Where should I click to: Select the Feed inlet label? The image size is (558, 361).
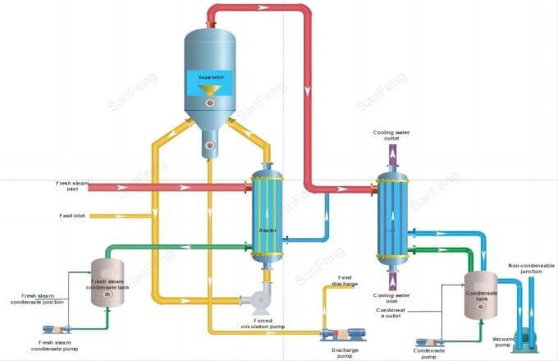pyautogui.click(x=71, y=217)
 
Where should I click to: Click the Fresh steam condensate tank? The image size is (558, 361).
pyautogui.click(x=107, y=283)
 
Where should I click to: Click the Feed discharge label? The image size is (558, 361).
pyautogui.click(x=345, y=283)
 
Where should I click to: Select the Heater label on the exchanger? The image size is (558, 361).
pyautogui.click(x=266, y=231)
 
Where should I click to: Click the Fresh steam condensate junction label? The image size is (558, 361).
pyautogui.click(x=40, y=299)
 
